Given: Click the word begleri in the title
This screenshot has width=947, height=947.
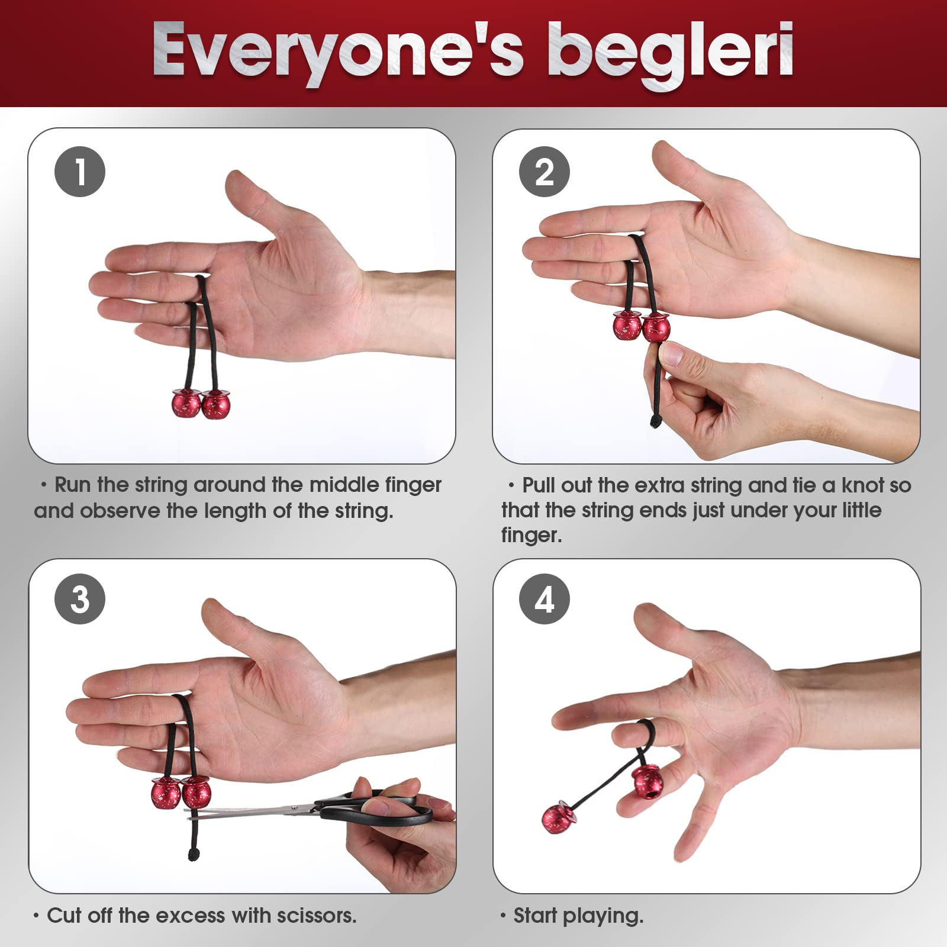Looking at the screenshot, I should point(670,52).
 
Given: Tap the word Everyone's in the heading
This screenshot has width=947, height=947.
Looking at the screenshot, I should point(337,52).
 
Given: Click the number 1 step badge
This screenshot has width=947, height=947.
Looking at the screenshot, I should point(80,172).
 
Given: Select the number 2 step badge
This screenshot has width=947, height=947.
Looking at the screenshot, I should point(544,172).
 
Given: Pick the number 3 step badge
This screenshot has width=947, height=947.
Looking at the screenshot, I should point(80,599).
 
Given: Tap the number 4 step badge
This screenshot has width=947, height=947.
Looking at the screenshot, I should point(544,599).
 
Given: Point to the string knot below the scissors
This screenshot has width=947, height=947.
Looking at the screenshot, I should point(193,853).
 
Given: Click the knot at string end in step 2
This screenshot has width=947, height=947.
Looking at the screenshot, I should point(655,421).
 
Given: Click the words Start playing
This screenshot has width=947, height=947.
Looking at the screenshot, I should point(578,916).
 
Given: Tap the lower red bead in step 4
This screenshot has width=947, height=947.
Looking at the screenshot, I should point(557,817).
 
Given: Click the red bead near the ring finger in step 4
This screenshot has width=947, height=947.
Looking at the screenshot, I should point(646,781).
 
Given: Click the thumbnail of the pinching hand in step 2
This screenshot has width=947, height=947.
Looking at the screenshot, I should point(671,354).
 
